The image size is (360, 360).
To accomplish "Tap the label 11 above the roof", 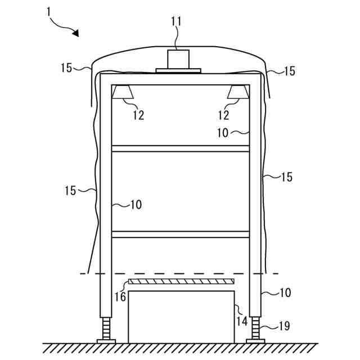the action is [x=177, y=22].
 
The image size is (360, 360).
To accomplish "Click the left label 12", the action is [x=138, y=115].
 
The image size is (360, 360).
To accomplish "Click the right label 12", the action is [x=223, y=115].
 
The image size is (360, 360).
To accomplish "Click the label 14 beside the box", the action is [x=241, y=322].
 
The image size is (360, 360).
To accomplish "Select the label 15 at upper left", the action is [x=66, y=68].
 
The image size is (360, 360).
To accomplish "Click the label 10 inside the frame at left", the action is [x=136, y=205].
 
